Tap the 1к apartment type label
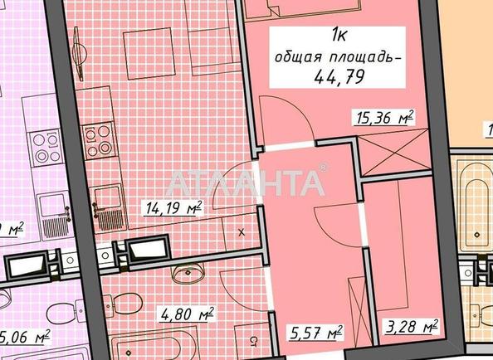click(x=340, y=35)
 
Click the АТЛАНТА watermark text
click(x=247, y=181)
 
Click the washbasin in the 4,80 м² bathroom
click(x=188, y=273)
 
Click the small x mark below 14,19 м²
click(x=242, y=234)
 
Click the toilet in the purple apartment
click(x=58, y=314)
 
